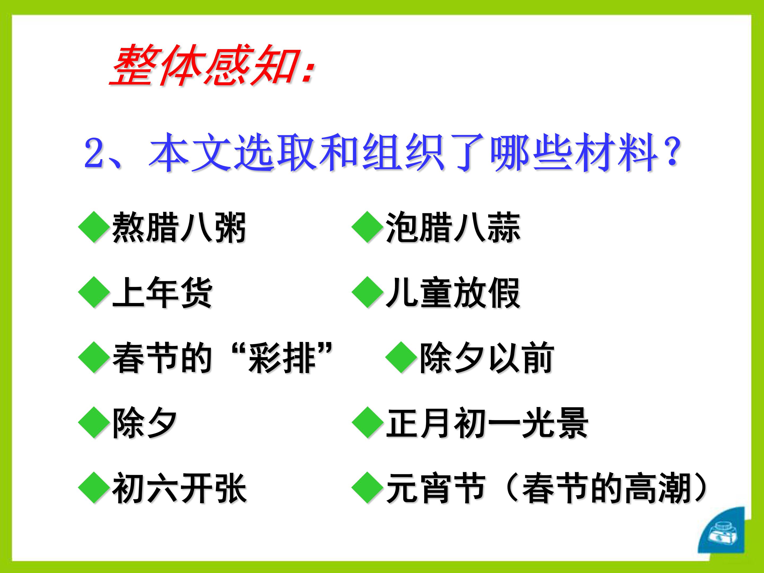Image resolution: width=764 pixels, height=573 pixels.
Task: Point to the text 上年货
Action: point(162,293)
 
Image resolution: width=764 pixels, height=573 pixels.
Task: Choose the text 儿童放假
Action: point(453,293)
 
